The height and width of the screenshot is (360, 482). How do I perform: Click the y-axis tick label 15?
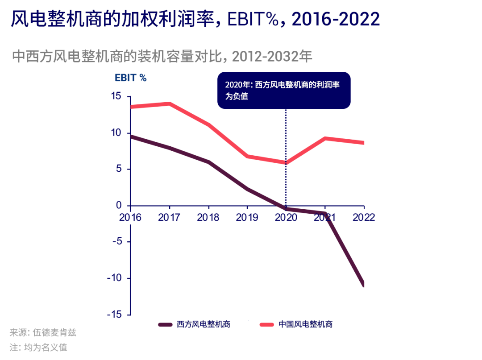[x=116, y=96]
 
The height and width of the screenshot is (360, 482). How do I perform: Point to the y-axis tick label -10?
[x=115, y=278]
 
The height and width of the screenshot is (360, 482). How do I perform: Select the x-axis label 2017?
[x=169, y=217]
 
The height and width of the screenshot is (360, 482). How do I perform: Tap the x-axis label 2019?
[x=247, y=217]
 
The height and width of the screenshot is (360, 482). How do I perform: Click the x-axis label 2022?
[x=364, y=217]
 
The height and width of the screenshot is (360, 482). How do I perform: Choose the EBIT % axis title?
[x=131, y=78]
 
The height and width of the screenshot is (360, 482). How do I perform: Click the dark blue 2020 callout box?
[x=284, y=90]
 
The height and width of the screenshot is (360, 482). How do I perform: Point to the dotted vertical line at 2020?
[x=286, y=143]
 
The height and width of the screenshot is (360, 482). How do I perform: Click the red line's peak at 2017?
[x=170, y=104]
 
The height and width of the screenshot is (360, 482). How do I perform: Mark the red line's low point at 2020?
[x=286, y=163]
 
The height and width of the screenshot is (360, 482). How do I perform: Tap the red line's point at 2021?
[x=325, y=138]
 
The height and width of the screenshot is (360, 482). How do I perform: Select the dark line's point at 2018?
[x=208, y=162]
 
